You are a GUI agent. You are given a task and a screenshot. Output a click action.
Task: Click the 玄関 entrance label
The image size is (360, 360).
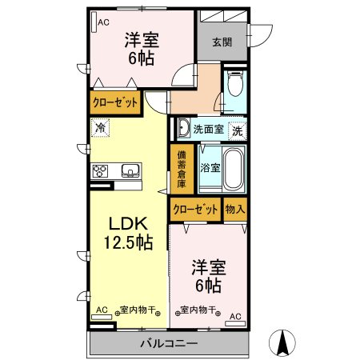point(222,42)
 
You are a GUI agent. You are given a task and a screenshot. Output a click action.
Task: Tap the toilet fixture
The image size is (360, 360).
point(235,85)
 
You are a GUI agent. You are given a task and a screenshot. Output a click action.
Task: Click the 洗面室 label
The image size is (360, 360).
point(208,128)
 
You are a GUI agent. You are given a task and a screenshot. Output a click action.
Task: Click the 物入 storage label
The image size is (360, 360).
point(235,210)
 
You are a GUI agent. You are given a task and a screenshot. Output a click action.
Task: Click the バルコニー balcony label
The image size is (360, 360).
point(169,344)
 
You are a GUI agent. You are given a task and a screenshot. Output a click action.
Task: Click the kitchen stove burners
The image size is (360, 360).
point(102,170)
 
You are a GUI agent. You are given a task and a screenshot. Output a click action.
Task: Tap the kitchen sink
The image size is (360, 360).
point(130,170)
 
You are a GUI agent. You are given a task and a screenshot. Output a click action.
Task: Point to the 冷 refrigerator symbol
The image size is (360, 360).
point(100,126)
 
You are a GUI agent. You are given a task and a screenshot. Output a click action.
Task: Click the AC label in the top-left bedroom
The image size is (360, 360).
point(103,22)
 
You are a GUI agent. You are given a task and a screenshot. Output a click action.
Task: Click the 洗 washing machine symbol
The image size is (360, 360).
point(238,128)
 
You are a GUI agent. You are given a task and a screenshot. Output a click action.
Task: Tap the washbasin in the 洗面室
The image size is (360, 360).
point(183,128)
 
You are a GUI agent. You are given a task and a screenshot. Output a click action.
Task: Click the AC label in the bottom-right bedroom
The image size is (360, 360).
point(235,317)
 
